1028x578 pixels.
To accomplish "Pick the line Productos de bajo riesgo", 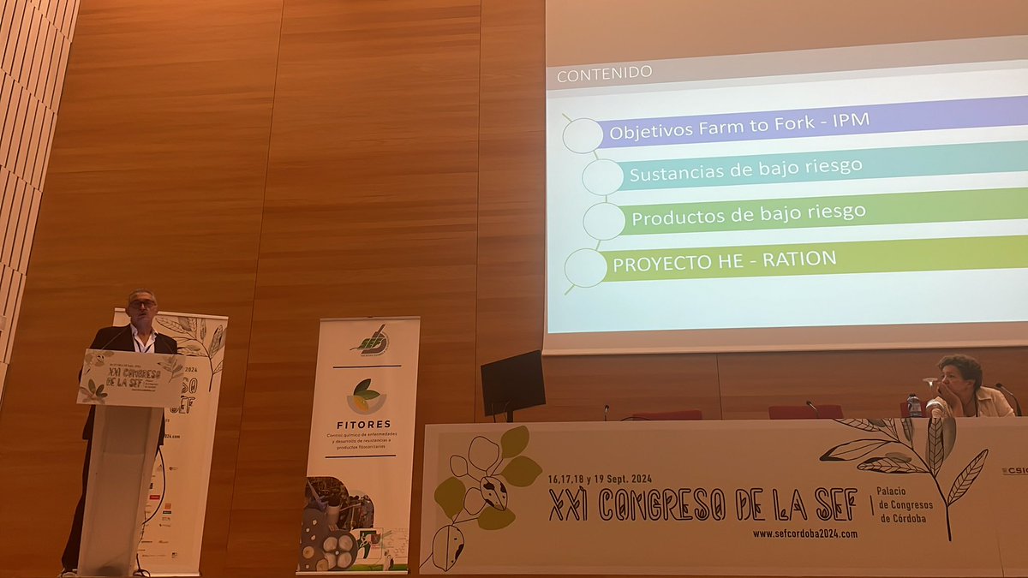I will pyautogui.click(x=748, y=212).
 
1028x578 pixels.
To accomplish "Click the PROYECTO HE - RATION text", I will pyautogui.click(x=723, y=259).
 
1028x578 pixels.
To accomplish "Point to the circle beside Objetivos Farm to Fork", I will pyautogui.click(x=583, y=135).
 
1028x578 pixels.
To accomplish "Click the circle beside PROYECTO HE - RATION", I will pyautogui.click(x=586, y=268).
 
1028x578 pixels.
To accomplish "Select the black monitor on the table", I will pyautogui.click(x=512, y=382).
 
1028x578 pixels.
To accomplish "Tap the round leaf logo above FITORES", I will pyautogui.click(x=366, y=396).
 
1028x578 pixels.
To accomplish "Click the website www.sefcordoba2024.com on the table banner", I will pyautogui.click(x=804, y=533).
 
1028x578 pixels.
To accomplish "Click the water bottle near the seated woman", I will pyautogui.click(x=915, y=405).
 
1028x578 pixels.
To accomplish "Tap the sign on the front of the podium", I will pyautogui.click(x=129, y=378).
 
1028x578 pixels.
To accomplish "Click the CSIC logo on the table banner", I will pyautogui.click(x=1014, y=471).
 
